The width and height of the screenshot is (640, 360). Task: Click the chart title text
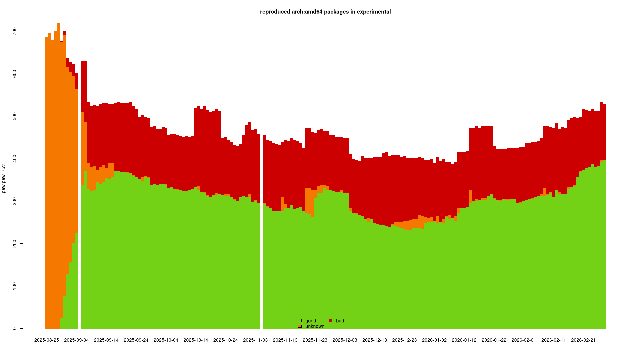click(325, 12)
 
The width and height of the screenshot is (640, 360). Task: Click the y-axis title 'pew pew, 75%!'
click(4, 177)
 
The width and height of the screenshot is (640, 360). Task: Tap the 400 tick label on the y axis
click(14, 159)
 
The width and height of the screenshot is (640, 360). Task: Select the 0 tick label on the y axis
click(14, 328)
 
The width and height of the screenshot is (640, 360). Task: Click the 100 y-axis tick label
click(14, 286)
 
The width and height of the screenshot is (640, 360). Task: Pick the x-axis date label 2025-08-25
click(47, 340)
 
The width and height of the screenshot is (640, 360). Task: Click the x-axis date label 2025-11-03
click(255, 340)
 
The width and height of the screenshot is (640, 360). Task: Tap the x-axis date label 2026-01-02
click(434, 340)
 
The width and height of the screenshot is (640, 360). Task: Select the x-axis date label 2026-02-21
click(583, 340)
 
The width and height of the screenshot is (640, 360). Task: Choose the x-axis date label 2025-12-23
click(404, 340)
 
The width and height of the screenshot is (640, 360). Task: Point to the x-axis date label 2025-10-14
click(196, 340)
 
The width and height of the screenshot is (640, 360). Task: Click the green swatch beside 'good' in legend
click(300, 321)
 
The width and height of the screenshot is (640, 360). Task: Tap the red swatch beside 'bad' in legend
click(330, 321)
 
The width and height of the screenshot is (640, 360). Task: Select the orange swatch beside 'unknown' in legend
click(300, 326)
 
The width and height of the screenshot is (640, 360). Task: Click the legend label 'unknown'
click(315, 326)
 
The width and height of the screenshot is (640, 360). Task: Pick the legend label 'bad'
click(340, 321)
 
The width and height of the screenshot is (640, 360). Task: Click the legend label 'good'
click(311, 321)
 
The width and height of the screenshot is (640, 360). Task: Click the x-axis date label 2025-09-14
click(106, 340)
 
